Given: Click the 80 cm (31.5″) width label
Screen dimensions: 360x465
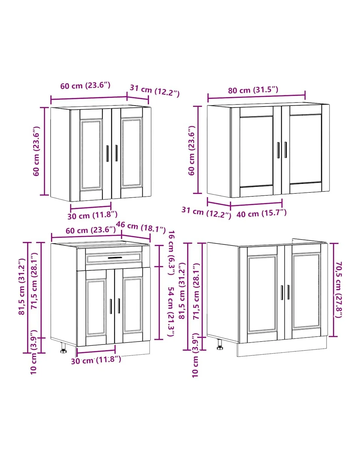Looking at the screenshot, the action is [253, 90].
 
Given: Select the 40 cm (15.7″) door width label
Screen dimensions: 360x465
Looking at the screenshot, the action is [261, 213].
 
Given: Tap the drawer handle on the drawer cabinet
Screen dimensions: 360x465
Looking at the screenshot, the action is [115, 258].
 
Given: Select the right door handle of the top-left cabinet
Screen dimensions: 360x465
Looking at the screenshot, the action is [116, 153].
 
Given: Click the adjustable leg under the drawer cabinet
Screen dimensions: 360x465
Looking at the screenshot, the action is [63, 348].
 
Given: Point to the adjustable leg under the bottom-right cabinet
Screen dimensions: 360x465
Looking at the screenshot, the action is [220, 344].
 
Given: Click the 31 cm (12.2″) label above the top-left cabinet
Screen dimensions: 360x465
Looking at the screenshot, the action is [154, 91].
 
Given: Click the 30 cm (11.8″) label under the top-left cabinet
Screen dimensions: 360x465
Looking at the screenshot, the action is [92, 215].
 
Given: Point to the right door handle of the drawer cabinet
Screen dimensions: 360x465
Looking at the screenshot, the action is [119, 306].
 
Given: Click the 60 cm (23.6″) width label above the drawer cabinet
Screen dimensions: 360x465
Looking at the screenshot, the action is [91, 230].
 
